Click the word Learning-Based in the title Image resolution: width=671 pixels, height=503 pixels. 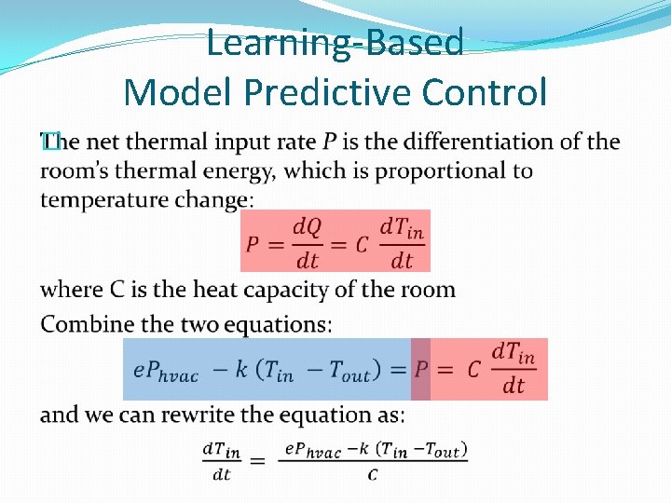(335, 43)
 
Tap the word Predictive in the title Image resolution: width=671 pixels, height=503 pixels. (335, 92)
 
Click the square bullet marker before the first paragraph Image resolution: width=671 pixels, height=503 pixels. (50, 142)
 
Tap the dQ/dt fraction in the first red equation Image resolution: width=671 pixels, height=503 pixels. (307, 242)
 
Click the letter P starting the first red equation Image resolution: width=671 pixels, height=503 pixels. (253, 244)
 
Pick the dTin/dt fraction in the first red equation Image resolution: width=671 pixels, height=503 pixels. (403, 242)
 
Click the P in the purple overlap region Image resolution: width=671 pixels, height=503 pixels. (421, 371)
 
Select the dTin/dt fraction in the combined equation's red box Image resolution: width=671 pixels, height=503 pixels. (514, 369)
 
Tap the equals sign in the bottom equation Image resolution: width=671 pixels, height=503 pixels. (257, 461)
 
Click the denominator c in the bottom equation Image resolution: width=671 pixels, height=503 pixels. (373, 475)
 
